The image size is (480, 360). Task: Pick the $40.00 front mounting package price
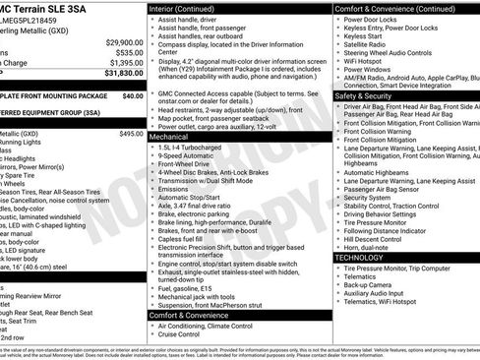132,96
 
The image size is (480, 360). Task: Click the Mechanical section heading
175,137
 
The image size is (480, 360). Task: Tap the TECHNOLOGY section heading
360,257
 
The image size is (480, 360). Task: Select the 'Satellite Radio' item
366,43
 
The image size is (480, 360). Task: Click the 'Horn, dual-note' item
369,248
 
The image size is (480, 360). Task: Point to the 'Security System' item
369,197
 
